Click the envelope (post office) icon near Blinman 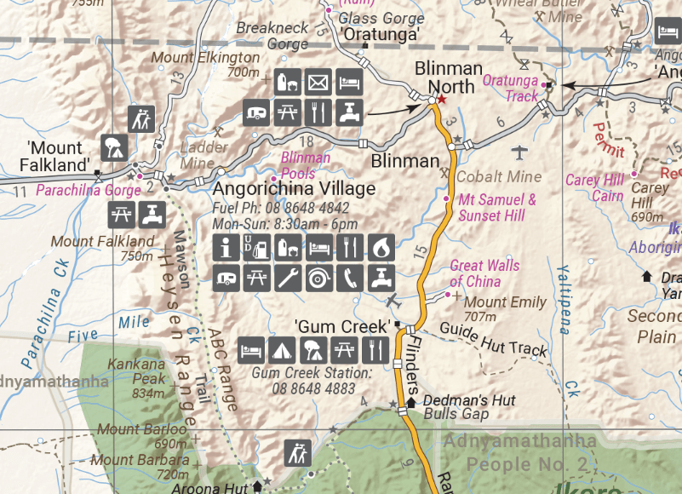318,83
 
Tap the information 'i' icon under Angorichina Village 226,249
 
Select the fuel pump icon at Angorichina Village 255,249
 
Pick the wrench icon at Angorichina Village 286,277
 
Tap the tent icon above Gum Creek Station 281,349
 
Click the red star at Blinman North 442,99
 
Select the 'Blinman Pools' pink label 306,165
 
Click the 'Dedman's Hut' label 457,400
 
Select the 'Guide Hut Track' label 493,340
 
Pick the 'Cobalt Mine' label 499,176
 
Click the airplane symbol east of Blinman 520,153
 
